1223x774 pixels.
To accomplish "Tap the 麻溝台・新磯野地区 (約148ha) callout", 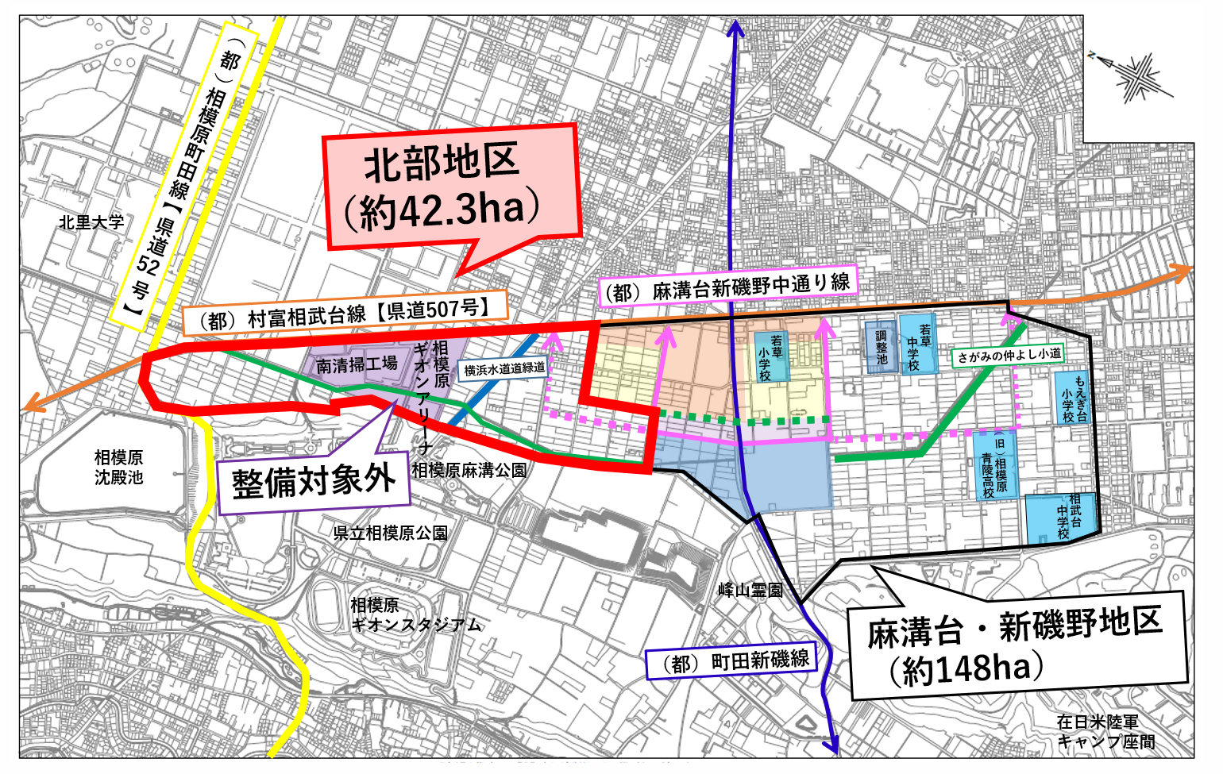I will (1017, 645).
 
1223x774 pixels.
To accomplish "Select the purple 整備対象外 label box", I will (314, 480).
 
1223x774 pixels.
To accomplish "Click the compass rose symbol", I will (1134, 75).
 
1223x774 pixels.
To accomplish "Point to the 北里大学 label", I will (92, 222).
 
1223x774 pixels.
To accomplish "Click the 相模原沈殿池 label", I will (119, 467).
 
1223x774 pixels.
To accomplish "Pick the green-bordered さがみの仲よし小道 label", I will (1008, 356).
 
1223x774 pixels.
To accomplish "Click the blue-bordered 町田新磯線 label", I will (730, 660).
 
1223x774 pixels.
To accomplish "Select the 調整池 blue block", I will (881, 348).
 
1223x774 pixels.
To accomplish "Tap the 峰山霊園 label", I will (750, 590).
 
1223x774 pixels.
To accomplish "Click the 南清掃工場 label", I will (357, 364).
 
